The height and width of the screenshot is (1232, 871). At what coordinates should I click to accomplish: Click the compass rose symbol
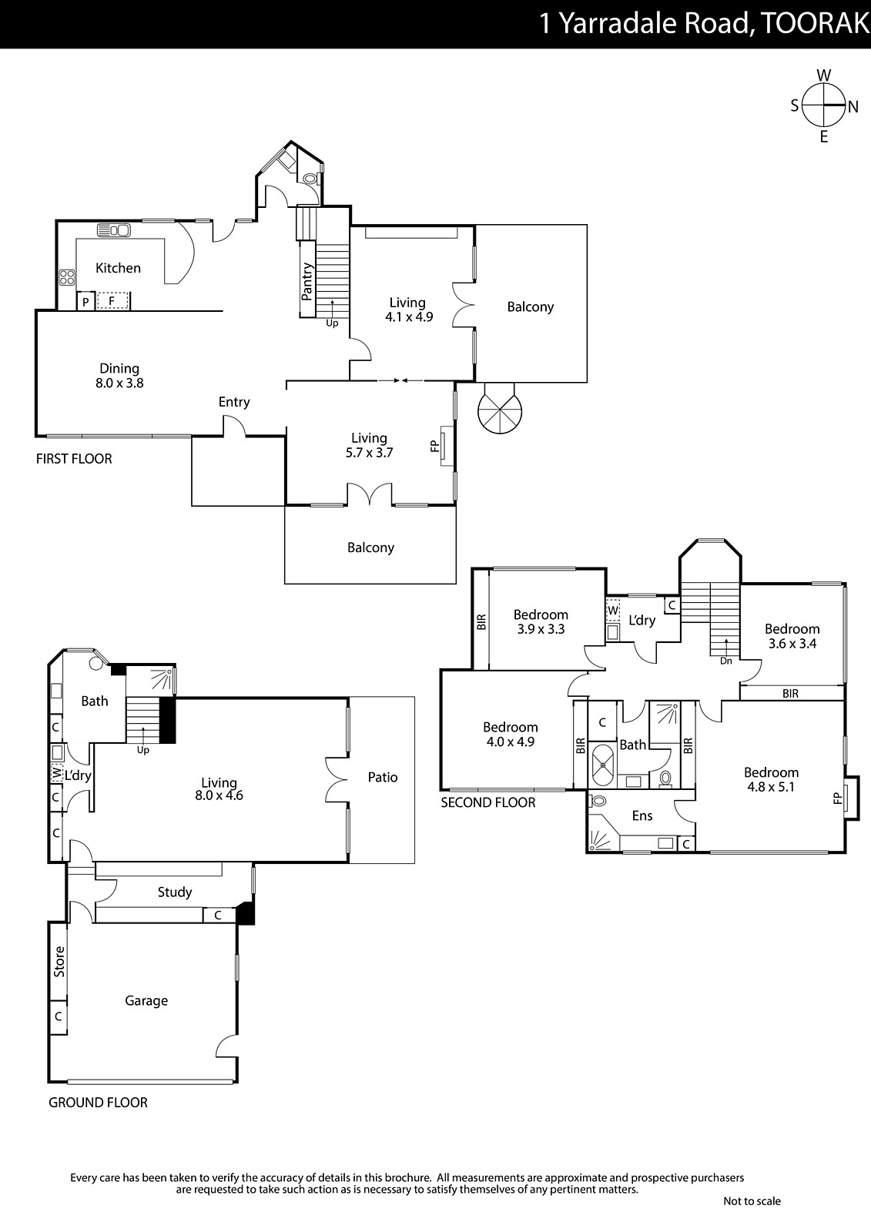point(823,105)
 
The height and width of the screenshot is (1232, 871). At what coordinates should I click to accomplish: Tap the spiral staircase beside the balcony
point(500,409)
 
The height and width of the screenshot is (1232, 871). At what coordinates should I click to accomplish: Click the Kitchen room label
point(119,268)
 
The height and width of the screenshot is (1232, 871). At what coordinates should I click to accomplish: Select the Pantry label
point(307,281)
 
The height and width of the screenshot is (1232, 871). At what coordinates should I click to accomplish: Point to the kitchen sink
point(113,230)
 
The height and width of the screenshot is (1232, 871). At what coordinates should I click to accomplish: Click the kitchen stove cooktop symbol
point(67,276)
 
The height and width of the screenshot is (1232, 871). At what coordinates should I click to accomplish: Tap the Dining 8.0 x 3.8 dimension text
point(119,383)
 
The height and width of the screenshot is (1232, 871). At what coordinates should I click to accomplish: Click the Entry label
point(234,402)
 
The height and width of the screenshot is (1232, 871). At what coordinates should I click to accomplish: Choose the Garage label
point(146,1000)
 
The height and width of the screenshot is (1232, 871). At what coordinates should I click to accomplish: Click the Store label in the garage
point(59,962)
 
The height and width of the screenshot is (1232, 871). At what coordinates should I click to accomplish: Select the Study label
point(174,892)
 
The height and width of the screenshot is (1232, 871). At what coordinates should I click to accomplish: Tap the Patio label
point(383,777)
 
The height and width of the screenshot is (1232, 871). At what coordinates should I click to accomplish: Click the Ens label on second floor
point(642,815)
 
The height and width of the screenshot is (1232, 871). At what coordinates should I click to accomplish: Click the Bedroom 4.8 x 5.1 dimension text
point(771,787)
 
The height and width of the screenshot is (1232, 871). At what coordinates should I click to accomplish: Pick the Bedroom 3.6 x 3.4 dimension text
point(792,644)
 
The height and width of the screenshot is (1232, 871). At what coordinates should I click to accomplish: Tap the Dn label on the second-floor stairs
point(725,661)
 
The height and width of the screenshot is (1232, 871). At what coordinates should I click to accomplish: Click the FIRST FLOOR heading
point(74,459)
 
